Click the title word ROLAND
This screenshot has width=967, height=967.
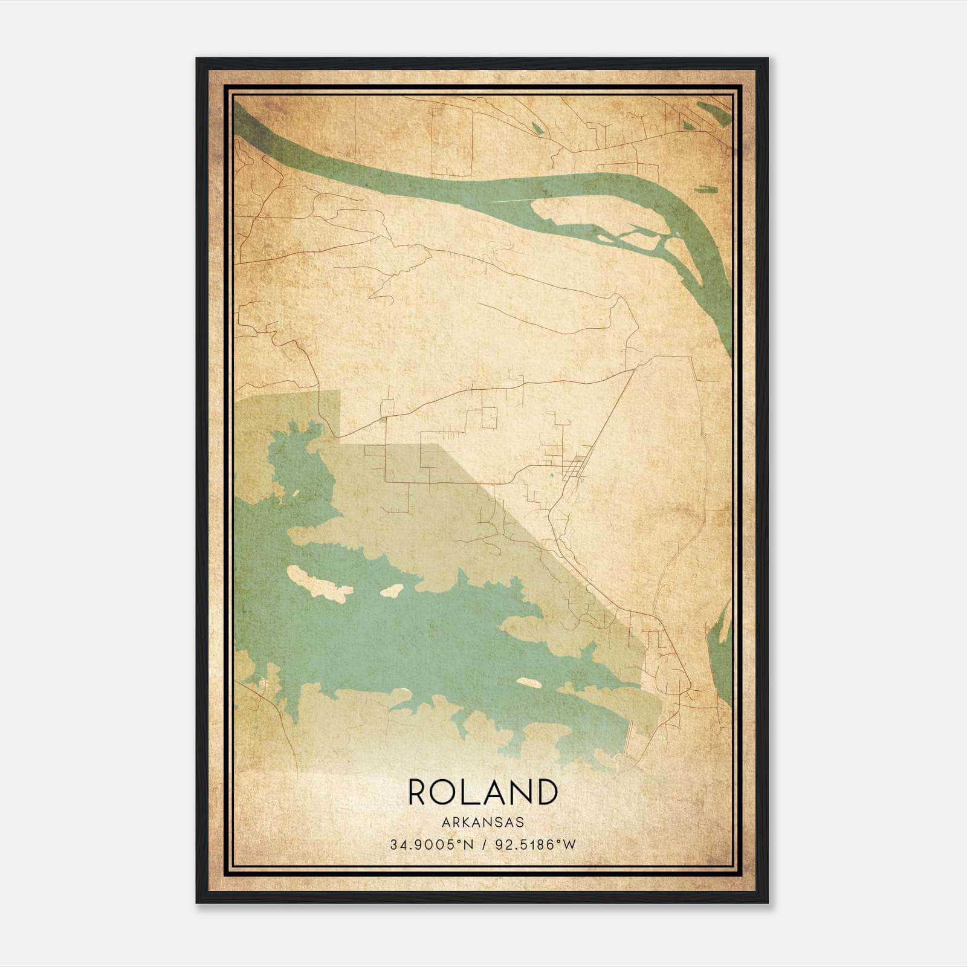point(482,792)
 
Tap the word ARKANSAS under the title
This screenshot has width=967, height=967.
point(482,823)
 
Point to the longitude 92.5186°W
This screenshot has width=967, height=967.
point(536,845)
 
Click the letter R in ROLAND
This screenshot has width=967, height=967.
point(419,792)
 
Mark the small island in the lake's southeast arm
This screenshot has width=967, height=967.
point(529,682)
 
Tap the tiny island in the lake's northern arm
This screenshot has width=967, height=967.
point(296,494)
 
